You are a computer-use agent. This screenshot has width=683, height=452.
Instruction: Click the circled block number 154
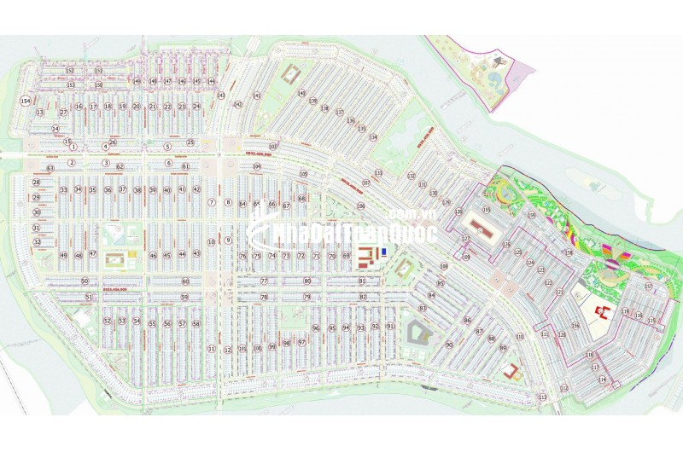coord(25,101)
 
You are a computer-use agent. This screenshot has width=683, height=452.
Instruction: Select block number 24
coord(196,107)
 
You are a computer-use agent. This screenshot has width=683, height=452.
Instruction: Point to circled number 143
coord(220,96)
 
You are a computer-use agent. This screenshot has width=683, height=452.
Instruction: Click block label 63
coord(50,169)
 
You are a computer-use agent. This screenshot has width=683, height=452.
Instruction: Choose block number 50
coord(85,281)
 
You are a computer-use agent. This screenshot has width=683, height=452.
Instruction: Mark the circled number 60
coord(184,281)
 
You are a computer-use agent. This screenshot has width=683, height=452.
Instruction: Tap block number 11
coord(211,349)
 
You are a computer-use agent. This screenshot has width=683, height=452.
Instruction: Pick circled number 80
coord(307,281)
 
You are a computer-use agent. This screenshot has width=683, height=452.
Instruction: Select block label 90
coord(448,345)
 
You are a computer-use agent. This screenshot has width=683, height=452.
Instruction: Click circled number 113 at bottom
coord(541,397)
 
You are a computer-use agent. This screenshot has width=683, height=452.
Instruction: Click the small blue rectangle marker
coord(384,252)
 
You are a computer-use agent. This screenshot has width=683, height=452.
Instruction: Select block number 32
coord(37,242)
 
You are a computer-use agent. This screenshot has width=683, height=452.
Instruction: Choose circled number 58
coord(196,324)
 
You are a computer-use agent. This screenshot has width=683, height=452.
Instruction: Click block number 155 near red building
coord(487,210)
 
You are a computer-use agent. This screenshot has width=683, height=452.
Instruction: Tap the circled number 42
coord(196,189)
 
